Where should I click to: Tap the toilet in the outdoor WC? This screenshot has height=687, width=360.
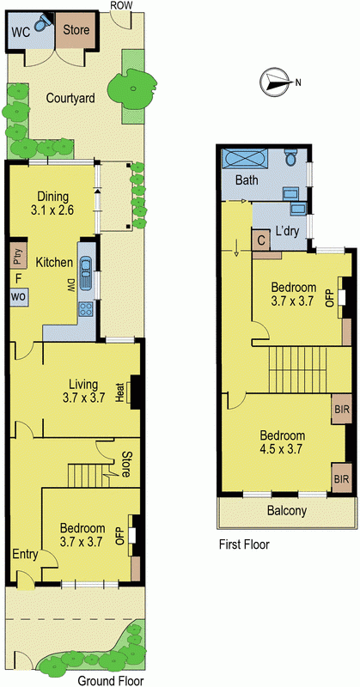pyautogui.click(x=41, y=23)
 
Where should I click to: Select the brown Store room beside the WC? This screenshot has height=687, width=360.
pyautogui.click(x=76, y=30)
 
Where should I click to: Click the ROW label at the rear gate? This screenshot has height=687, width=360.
pyautogui.click(x=121, y=6)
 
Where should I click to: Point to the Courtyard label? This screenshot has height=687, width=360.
pyautogui.click(x=70, y=98)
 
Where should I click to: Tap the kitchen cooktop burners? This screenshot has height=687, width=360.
pyautogui.click(x=85, y=309)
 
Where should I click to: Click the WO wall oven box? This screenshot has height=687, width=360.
pyautogui.click(x=18, y=295)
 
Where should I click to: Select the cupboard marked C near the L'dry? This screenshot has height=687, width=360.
pyautogui.click(x=260, y=240)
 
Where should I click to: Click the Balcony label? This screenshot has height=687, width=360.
pyautogui.click(x=287, y=510)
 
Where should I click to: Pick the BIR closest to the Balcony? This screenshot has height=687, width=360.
pyautogui.click(x=342, y=477)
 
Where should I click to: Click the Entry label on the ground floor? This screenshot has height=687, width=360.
pyautogui.click(x=25, y=554)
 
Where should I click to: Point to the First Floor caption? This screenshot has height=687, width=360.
pyautogui.click(x=244, y=544)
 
